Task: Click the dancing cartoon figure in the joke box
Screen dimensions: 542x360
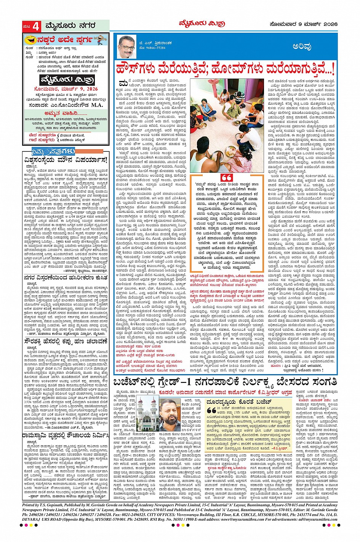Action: coord(100,39)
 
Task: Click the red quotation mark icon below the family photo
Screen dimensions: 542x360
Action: coord(227,178)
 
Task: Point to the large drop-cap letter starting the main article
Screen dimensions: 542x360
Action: coord(122,83)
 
